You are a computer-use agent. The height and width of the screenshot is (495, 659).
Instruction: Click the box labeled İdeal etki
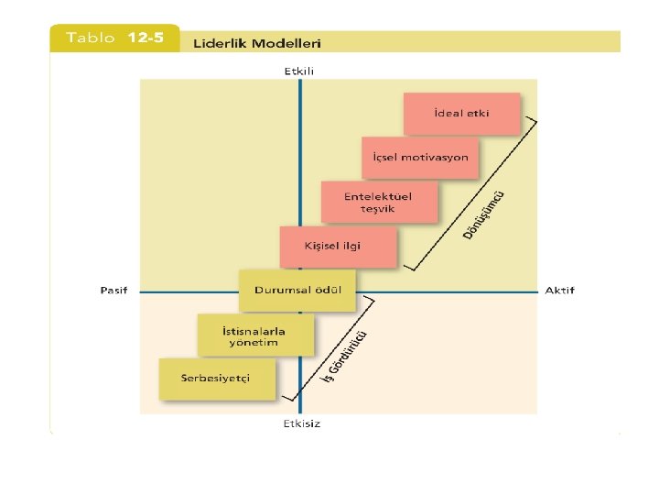tap(461, 114)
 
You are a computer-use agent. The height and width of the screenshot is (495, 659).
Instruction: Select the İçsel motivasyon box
tap(420, 158)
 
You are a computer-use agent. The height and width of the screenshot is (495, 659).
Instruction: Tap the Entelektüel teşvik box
tap(379, 202)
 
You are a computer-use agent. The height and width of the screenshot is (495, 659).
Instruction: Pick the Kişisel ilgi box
tap(339, 246)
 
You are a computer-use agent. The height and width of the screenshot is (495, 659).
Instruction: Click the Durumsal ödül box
tap(297, 291)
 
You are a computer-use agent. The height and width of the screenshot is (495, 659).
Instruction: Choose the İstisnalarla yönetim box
tap(255, 335)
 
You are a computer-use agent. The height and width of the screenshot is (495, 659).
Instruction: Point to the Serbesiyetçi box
tap(217, 379)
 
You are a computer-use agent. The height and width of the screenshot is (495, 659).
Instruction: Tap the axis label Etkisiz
tap(300, 423)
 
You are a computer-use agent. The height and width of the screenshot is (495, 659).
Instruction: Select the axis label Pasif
tap(113, 291)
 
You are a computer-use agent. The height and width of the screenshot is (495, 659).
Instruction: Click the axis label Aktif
tap(559, 291)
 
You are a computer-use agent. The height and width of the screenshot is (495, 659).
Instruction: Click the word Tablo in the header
tap(91, 38)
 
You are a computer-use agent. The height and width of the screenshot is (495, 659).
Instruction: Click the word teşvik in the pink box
tap(378, 209)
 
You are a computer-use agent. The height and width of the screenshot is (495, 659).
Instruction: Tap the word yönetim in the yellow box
tap(254, 343)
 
